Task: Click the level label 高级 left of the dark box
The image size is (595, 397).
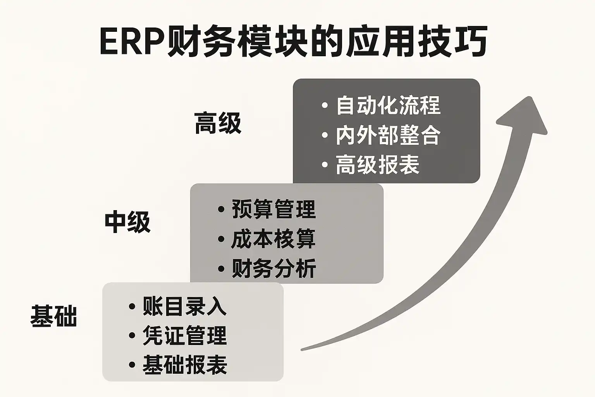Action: (x=218, y=123)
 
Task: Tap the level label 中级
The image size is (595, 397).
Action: (x=127, y=222)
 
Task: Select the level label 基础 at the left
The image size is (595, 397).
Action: (x=53, y=316)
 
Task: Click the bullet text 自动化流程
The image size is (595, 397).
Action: (x=388, y=105)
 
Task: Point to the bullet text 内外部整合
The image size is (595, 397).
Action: (x=388, y=135)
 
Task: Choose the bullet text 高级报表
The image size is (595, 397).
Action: (x=378, y=165)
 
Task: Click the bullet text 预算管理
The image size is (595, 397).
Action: (x=273, y=209)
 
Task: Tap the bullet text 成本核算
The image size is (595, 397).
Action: (x=273, y=239)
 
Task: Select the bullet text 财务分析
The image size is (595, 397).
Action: (x=273, y=268)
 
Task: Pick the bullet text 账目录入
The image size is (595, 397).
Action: (x=184, y=306)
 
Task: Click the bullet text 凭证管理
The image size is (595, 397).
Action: (x=184, y=335)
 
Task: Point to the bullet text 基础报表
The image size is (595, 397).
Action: (x=184, y=365)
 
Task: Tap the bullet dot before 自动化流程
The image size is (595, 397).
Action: (x=325, y=105)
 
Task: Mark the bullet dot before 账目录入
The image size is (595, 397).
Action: (x=132, y=306)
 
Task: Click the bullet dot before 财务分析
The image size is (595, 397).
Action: (x=221, y=268)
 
